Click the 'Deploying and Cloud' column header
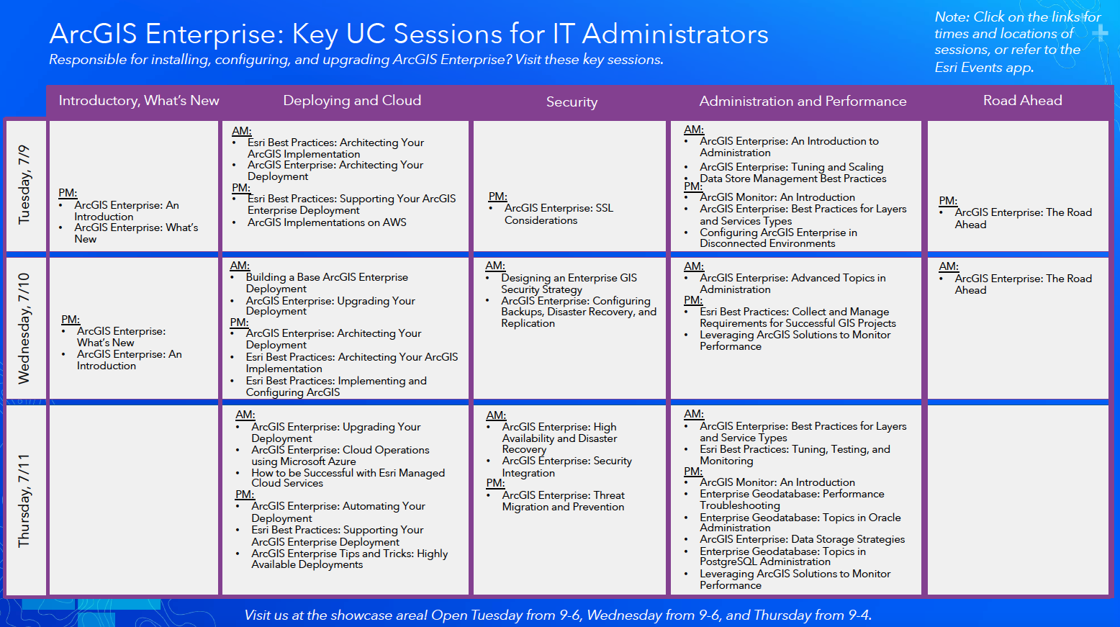(x=352, y=101)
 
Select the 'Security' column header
(x=572, y=102)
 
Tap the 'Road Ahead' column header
(x=1022, y=101)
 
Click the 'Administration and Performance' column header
(x=803, y=102)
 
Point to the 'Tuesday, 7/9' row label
(x=24, y=184)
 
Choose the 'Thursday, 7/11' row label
(x=24, y=500)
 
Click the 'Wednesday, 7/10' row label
(x=24, y=328)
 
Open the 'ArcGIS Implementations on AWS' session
(x=327, y=222)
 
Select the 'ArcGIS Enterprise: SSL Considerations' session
(x=559, y=214)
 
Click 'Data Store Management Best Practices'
(x=792, y=179)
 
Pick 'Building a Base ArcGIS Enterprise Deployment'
(x=327, y=283)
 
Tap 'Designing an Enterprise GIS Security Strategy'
(x=569, y=284)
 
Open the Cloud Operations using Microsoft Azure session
(x=340, y=456)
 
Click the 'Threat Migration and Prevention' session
(x=563, y=501)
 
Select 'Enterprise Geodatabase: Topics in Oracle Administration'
(x=800, y=523)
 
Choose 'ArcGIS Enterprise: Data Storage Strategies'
(x=802, y=539)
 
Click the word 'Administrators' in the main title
(x=675, y=34)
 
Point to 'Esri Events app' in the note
(x=983, y=68)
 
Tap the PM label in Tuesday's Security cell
(x=497, y=197)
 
